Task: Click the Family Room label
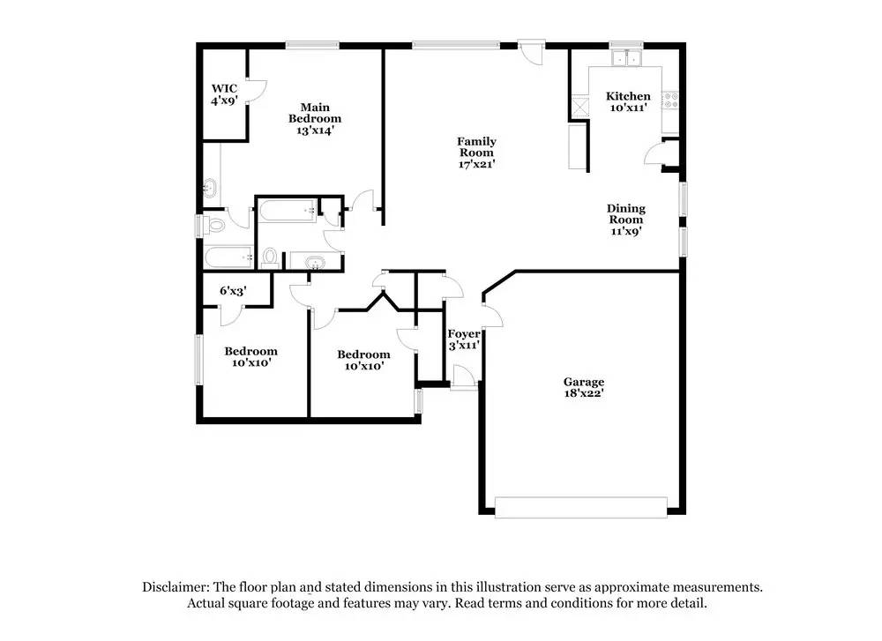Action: [476, 153]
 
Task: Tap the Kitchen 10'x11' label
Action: [628, 101]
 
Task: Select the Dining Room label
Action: [625, 220]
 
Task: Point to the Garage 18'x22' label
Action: [584, 388]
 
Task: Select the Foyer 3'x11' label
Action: [464, 339]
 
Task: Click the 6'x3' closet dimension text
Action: [233, 290]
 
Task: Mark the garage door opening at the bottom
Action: [580, 507]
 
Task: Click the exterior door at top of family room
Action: [532, 50]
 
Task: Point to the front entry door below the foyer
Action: [464, 379]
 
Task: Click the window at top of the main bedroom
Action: [312, 45]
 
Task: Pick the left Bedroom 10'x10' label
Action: [250, 356]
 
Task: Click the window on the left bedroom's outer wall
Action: [199, 358]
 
